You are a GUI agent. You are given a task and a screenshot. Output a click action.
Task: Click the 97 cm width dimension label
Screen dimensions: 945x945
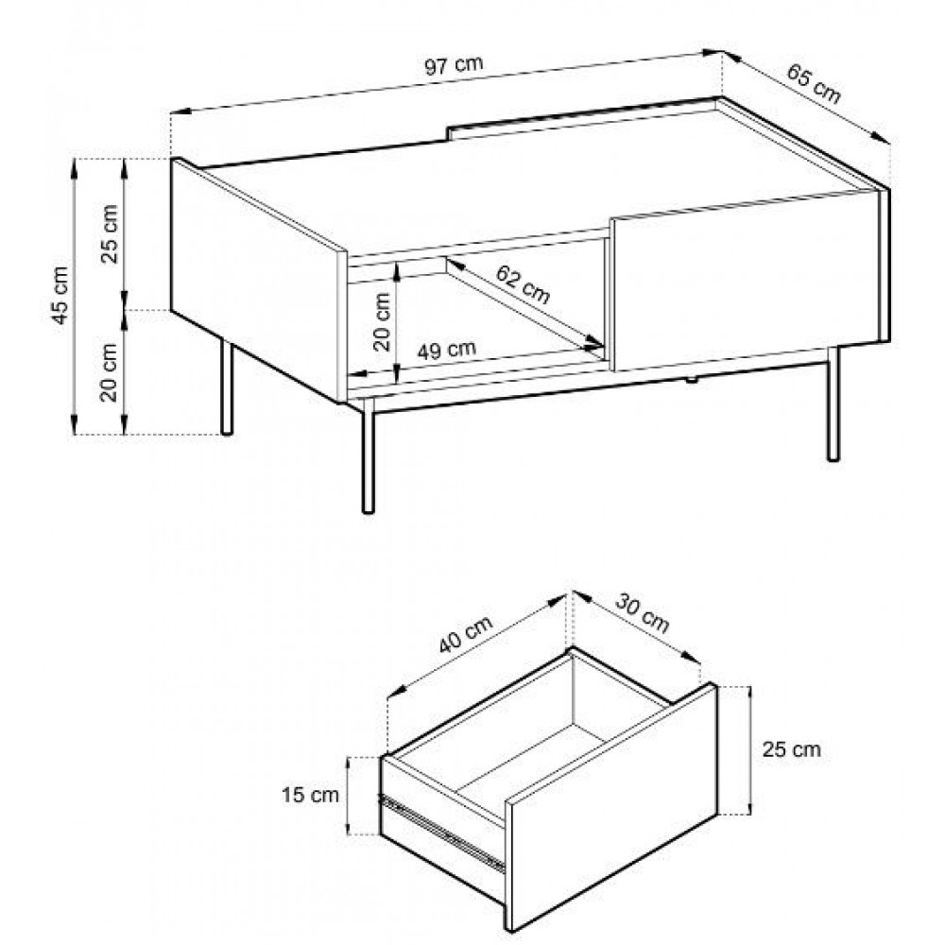[454, 65]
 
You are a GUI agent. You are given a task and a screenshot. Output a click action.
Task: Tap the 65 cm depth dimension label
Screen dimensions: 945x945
[814, 83]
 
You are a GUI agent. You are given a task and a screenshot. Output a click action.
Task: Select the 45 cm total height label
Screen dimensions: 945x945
[60, 295]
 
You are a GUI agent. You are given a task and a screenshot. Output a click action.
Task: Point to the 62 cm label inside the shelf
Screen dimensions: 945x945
[524, 284]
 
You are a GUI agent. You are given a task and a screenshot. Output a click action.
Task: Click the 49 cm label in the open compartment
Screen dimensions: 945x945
[447, 350]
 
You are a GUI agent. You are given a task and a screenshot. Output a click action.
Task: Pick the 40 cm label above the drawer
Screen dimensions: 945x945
[465, 634]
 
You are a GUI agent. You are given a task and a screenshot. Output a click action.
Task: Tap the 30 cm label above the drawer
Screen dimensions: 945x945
[643, 613]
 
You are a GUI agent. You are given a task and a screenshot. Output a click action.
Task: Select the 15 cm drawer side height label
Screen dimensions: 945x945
[310, 795]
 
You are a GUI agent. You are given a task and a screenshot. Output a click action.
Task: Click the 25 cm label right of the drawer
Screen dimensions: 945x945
[791, 749]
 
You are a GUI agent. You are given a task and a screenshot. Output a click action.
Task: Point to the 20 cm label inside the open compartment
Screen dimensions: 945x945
[382, 322]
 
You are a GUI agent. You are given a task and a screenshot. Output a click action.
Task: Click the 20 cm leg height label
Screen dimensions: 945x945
[109, 372]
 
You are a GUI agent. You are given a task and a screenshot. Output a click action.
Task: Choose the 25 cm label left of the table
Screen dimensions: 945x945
[110, 233]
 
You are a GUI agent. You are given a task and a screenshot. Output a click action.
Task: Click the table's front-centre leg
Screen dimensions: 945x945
[368, 455]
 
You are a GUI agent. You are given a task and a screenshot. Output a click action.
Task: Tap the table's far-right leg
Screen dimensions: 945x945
[833, 404]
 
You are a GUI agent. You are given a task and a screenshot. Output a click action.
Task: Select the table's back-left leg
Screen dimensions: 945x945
[227, 387]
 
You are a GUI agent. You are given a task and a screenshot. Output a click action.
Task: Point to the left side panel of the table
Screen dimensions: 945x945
[258, 280]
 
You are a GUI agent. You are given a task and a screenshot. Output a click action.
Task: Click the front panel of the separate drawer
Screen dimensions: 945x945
[611, 808]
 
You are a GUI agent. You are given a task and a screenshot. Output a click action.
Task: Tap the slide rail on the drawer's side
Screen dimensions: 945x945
[441, 833]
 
